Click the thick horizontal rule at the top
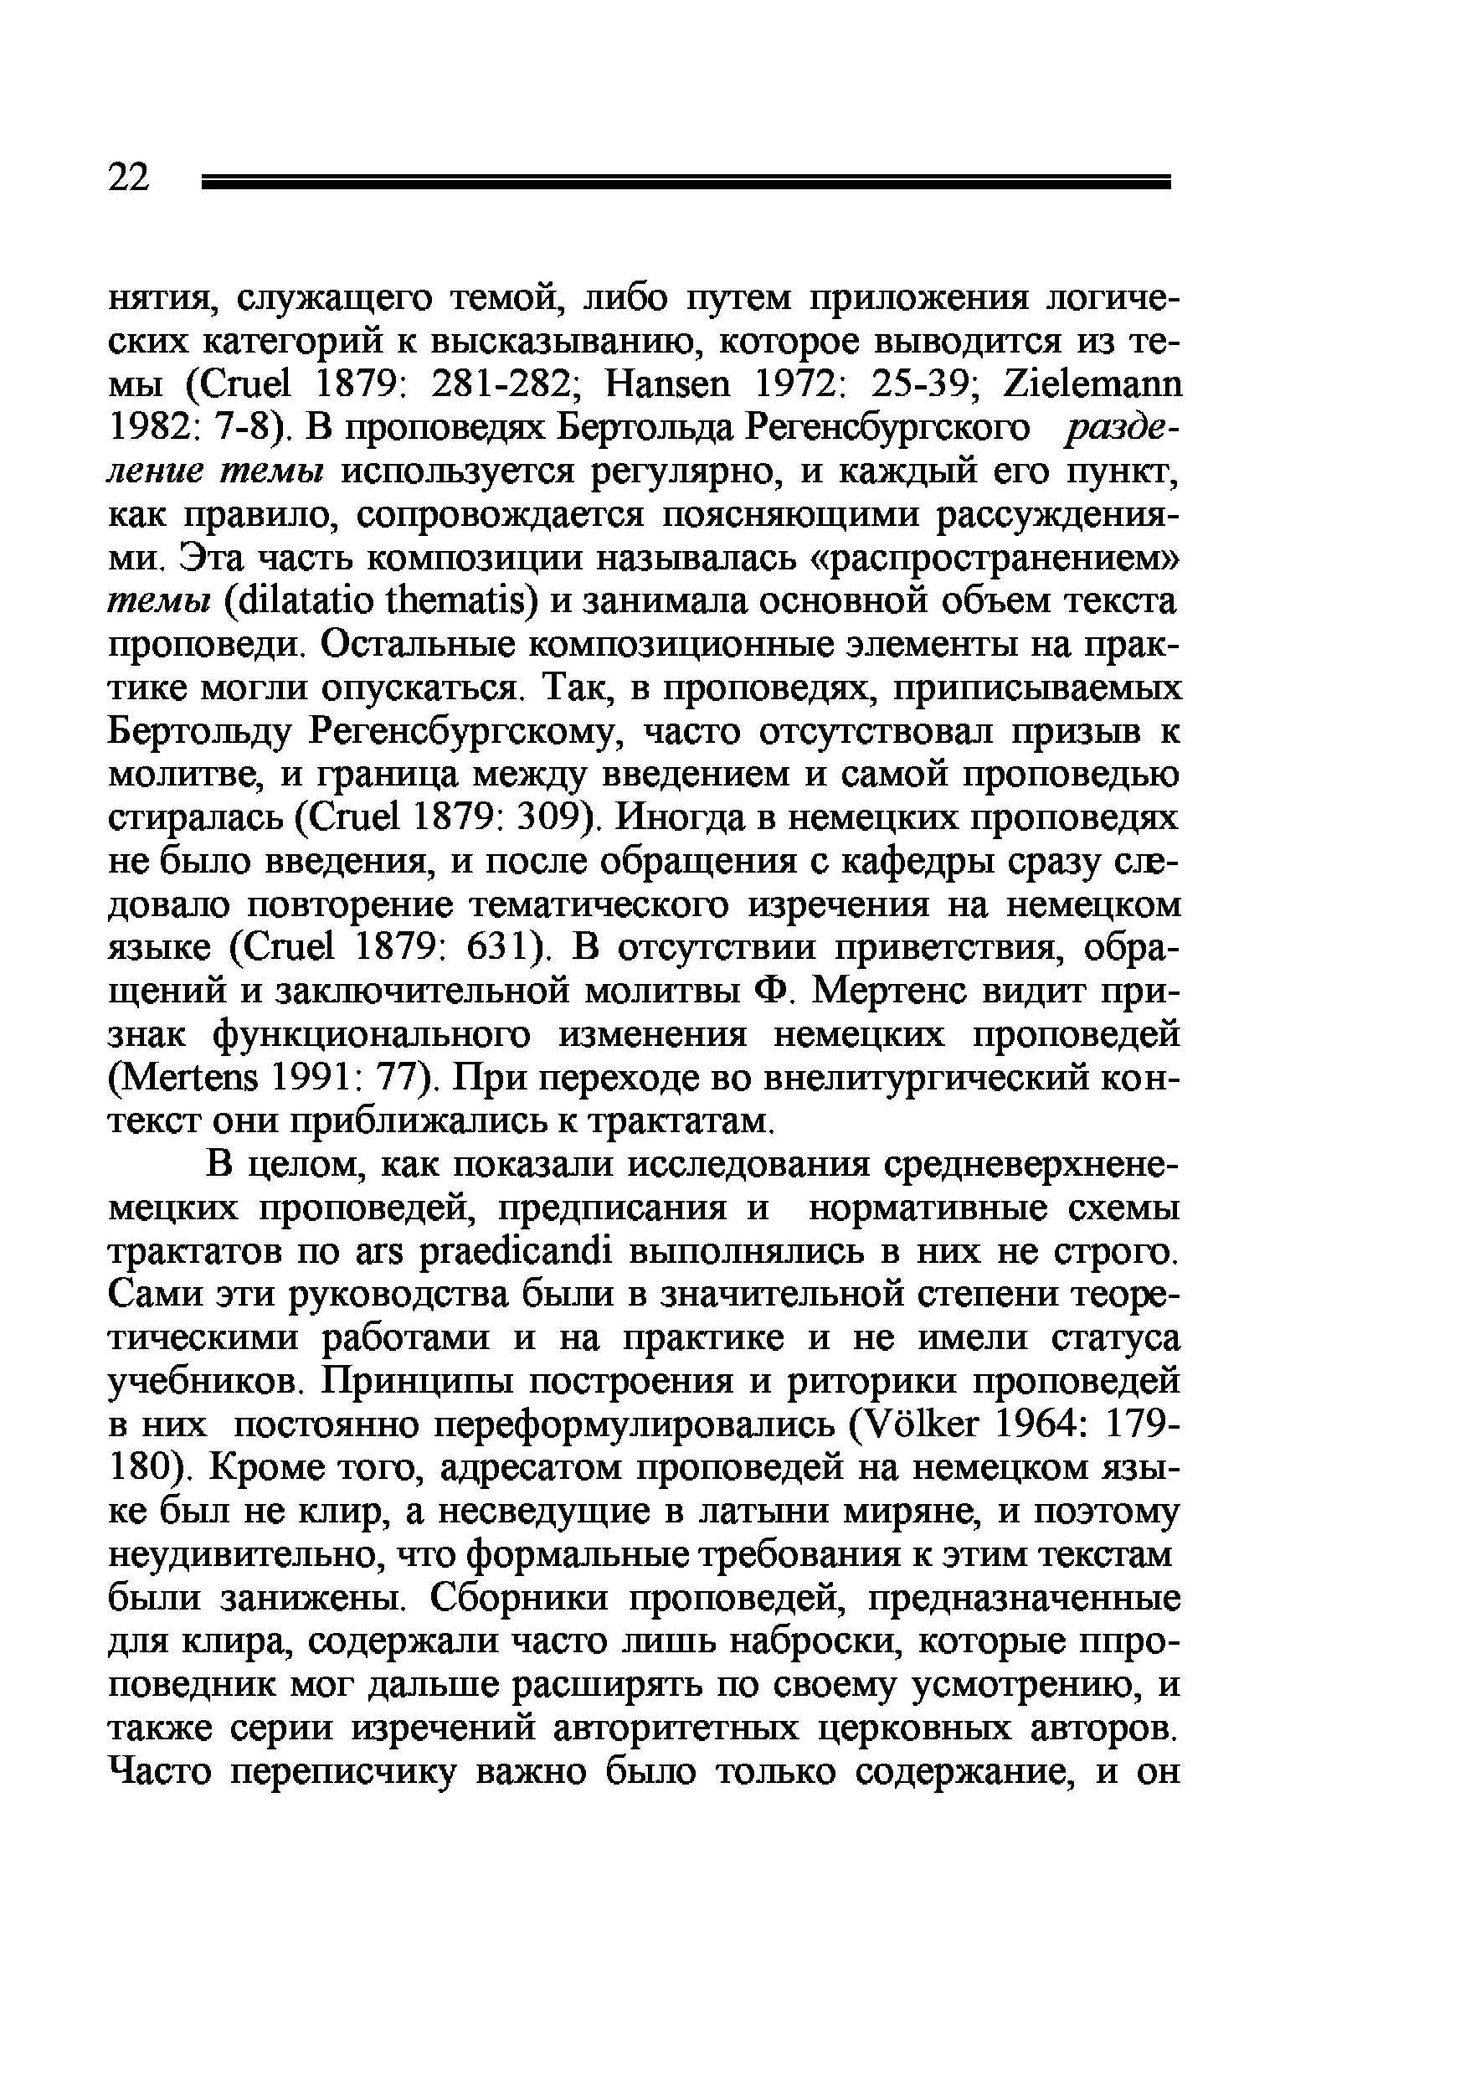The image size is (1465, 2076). click(x=686, y=183)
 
